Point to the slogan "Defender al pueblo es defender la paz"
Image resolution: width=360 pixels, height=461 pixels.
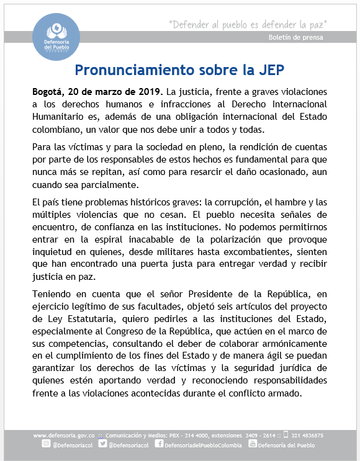coord(248,24)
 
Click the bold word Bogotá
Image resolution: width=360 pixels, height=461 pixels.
coord(48,91)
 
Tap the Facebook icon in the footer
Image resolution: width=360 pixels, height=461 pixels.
coord(159,445)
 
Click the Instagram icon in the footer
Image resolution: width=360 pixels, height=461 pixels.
coord(46,445)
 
